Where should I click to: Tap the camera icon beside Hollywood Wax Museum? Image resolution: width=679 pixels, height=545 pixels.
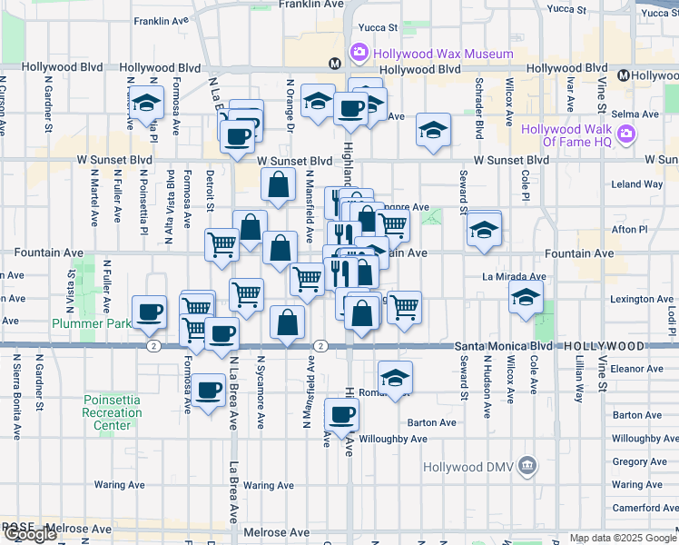[x=359, y=53]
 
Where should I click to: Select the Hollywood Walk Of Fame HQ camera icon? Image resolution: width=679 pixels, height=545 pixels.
[x=625, y=135]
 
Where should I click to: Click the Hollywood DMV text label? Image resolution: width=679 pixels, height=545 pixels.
[x=470, y=467]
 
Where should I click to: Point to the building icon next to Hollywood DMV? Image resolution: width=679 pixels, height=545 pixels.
[x=529, y=467]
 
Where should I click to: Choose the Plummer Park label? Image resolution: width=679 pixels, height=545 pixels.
[x=91, y=322]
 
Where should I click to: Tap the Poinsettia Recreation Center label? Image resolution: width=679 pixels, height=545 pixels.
[x=113, y=412]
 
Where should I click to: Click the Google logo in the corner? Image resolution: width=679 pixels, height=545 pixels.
[x=30, y=534]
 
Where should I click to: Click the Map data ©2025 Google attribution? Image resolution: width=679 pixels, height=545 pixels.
[x=622, y=539]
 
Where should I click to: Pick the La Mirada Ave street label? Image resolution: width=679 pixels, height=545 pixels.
[x=514, y=276]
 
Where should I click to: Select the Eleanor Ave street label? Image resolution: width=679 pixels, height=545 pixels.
[x=637, y=369]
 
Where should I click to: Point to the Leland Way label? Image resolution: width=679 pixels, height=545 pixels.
[x=637, y=183]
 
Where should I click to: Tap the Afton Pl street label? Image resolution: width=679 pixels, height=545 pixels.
[x=625, y=230]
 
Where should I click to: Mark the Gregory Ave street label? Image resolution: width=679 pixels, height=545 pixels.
[x=639, y=461]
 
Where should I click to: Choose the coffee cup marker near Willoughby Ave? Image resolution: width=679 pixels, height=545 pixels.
[x=341, y=416]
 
